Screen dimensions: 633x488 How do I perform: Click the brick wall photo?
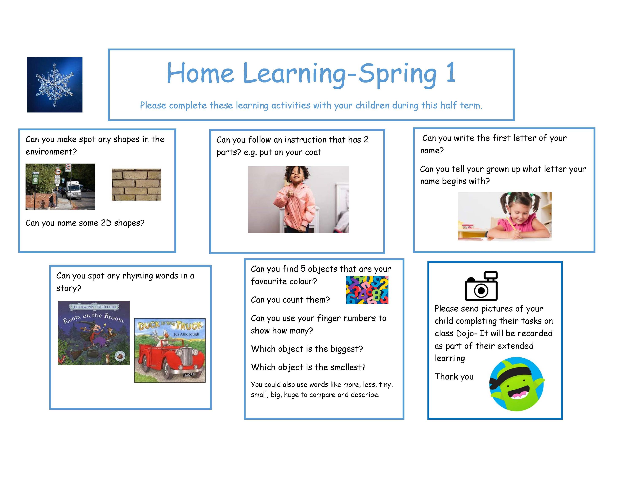(136, 185)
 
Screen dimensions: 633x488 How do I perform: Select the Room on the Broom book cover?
(94, 333)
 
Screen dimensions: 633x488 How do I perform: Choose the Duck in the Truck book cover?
(170, 350)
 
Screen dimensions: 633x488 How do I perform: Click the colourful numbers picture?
(367, 290)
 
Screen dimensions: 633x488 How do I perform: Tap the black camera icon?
(481, 286)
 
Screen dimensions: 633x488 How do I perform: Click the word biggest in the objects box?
(347, 349)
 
